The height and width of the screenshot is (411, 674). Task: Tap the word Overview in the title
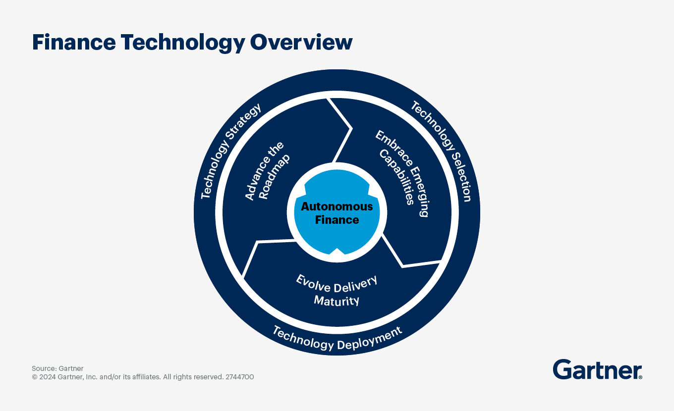[x=301, y=43]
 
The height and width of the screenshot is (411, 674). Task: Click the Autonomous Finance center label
[x=337, y=213]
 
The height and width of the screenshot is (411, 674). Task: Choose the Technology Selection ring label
[x=441, y=151]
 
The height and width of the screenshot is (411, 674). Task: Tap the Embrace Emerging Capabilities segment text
[x=401, y=173]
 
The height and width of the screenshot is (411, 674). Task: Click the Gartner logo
[x=597, y=369]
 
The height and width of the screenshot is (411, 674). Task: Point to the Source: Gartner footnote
[x=57, y=368]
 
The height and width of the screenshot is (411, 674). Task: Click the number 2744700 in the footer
[x=240, y=377]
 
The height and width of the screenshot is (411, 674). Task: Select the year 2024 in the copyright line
[x=48, y=377]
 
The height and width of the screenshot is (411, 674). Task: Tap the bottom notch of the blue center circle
[x=337, y=252]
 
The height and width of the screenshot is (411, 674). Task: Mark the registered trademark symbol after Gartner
[x=640, y=377]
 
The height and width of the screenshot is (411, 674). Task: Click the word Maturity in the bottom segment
[x=337, y=300]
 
